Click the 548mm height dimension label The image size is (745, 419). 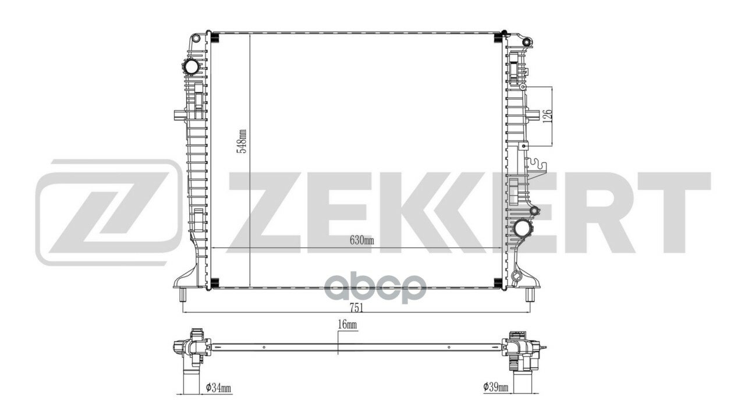(242, 141)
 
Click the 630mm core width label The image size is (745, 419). (361, 240)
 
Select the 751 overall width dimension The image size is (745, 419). (356, 308)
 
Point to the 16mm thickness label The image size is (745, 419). (347, 324)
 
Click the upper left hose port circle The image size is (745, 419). (191, 66)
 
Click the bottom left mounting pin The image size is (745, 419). (183, 295)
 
